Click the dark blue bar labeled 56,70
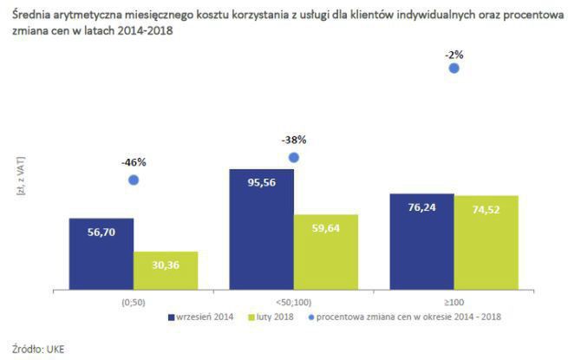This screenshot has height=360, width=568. pyautogui.click(x=101, y=253)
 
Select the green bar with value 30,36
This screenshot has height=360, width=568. pyautogui.click(x=166, y=271)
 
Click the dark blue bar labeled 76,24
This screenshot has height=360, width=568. pyautogui.click(x=421, y=241)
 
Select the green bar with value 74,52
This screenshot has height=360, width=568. pyautogui.click(x=486, y=242)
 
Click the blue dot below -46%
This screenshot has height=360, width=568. pyautogui.click(x=134, y=180)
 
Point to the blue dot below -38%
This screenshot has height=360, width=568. pyautogui.click(x=294, y=157)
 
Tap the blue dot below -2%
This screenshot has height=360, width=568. pyautogui.click(x=454, y=69)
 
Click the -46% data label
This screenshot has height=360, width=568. pyautogui.click(x=134, y=161)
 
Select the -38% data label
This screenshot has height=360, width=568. pyautogui.click(x=294, y=139)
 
